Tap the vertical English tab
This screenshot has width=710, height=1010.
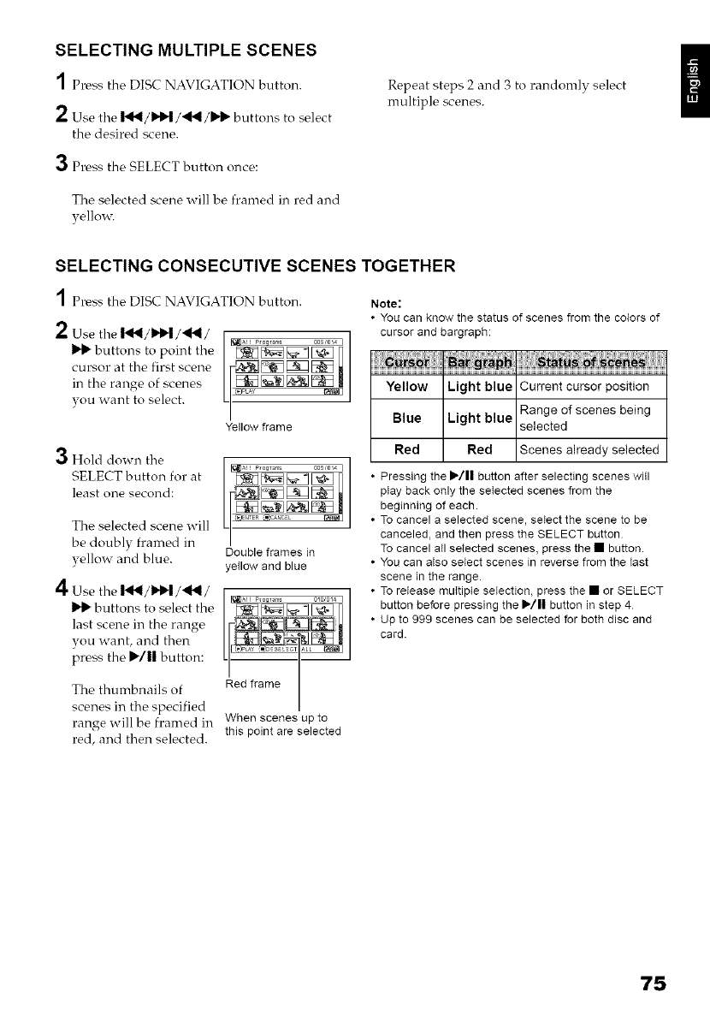695,86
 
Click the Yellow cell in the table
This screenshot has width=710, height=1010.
406,386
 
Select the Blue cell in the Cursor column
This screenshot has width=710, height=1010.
406,418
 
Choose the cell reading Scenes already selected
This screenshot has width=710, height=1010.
589,449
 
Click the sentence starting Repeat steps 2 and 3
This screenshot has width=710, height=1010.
495,93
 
